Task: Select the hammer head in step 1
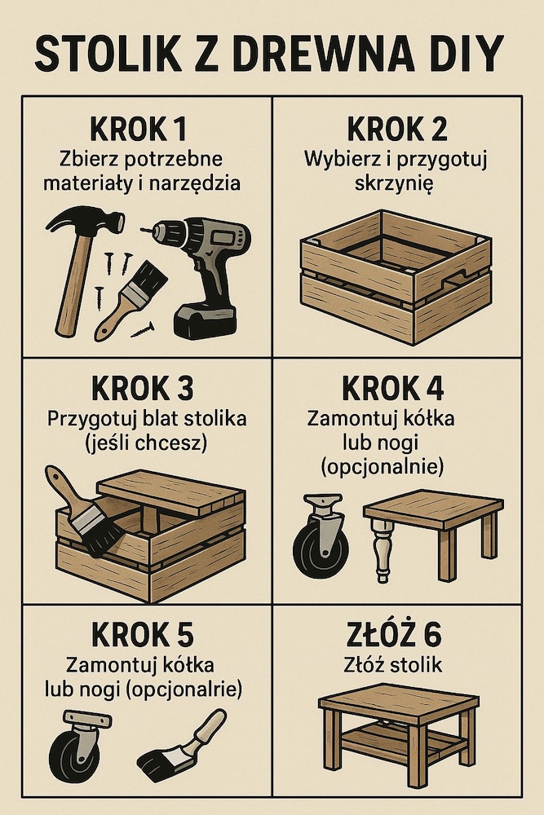point(82,222)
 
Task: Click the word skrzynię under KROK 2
point(396,183)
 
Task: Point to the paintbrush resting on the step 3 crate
point(86,513)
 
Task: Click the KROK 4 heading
point(396,390)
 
